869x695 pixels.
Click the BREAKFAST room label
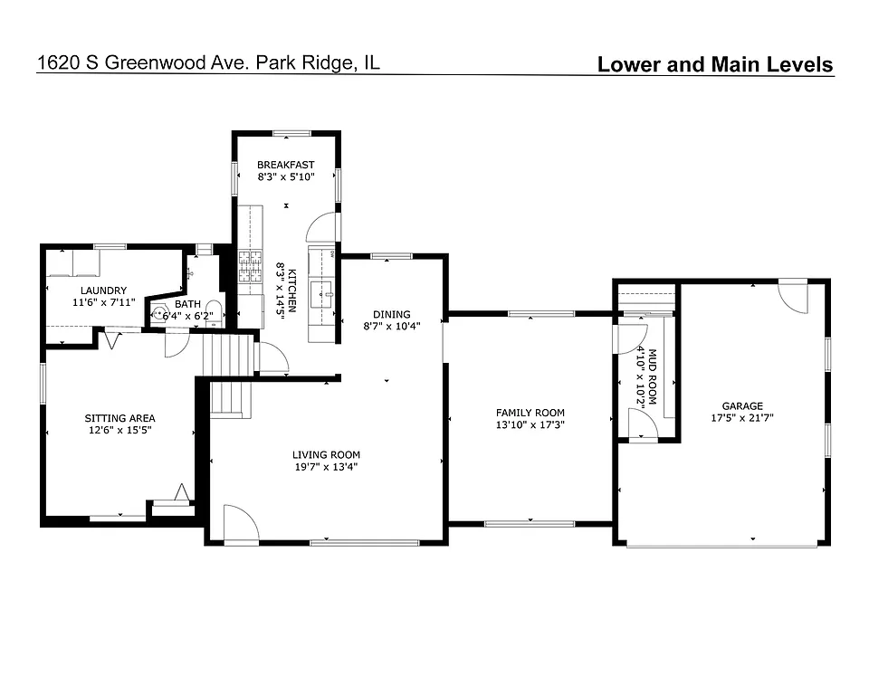(285, 165)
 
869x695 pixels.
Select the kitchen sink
(320, 293)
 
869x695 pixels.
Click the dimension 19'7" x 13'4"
(326, 467)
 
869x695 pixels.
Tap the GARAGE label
(742, 406)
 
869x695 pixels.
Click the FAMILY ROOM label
(530, 413)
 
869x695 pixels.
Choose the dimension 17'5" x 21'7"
(742, 418)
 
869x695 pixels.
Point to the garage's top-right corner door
(794, 297)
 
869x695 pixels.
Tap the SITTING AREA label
(119, 418)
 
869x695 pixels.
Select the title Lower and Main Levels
(714, 64)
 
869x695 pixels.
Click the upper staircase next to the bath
(227, 356)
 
